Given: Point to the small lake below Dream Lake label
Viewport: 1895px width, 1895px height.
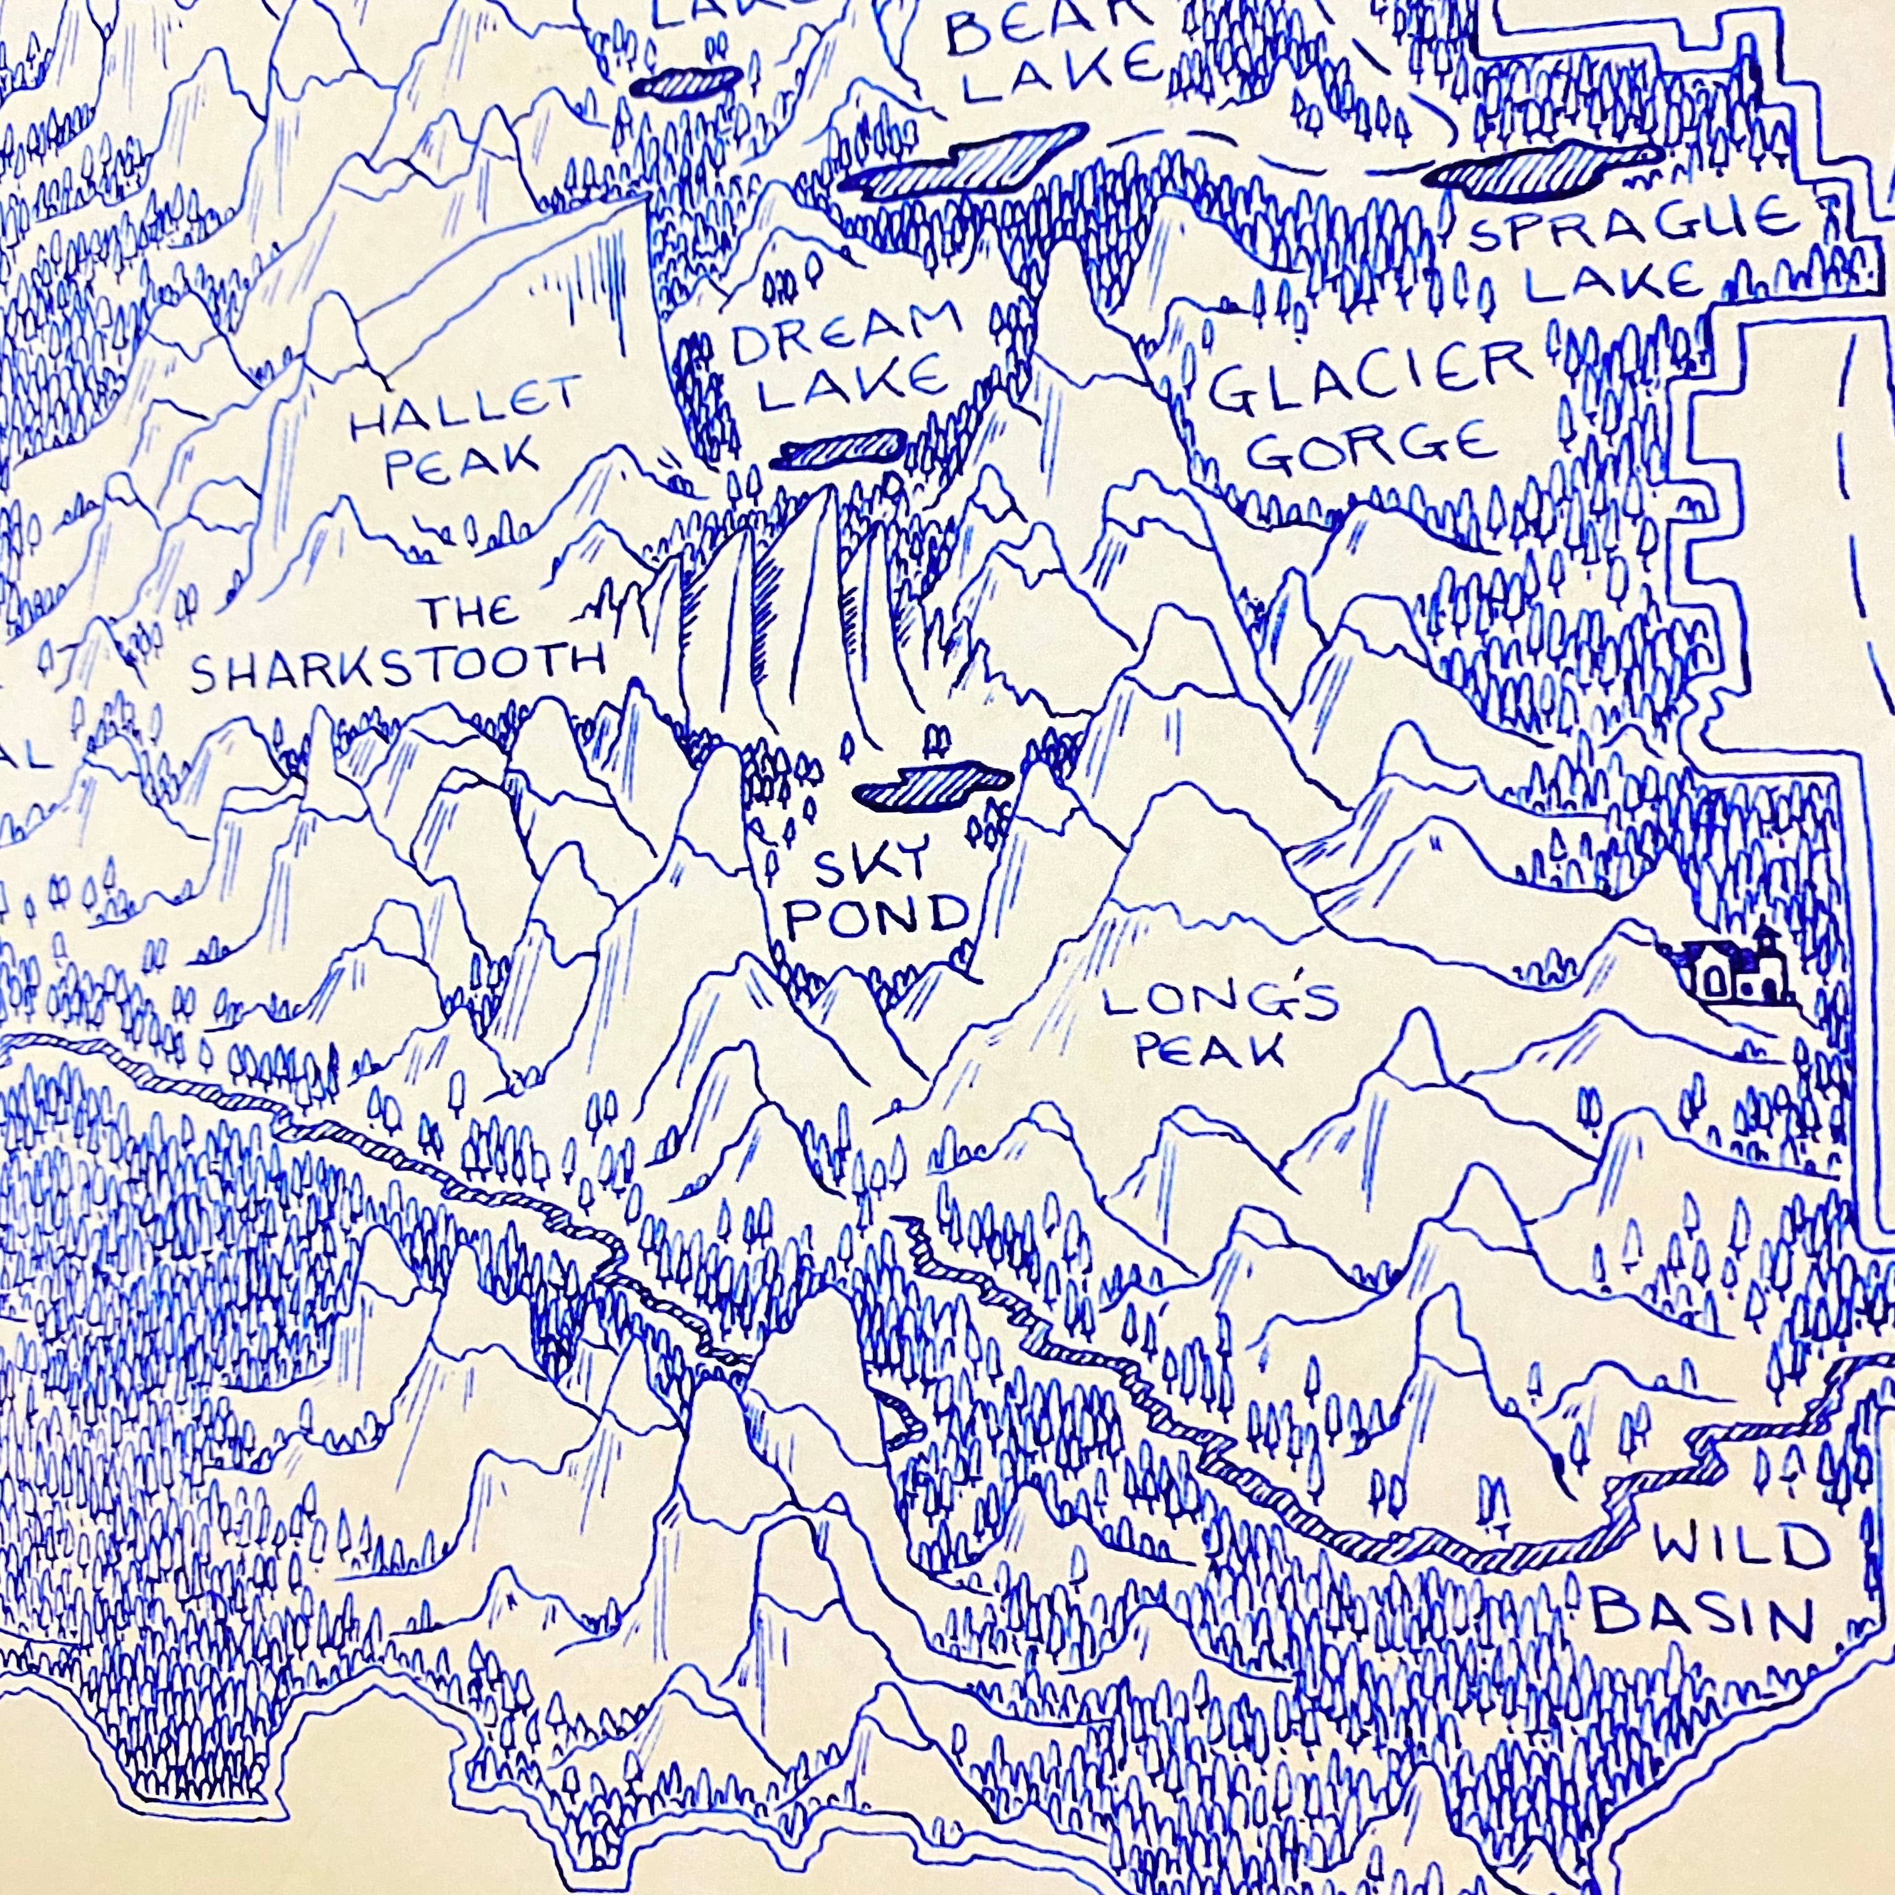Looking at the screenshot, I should click(843, 449).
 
